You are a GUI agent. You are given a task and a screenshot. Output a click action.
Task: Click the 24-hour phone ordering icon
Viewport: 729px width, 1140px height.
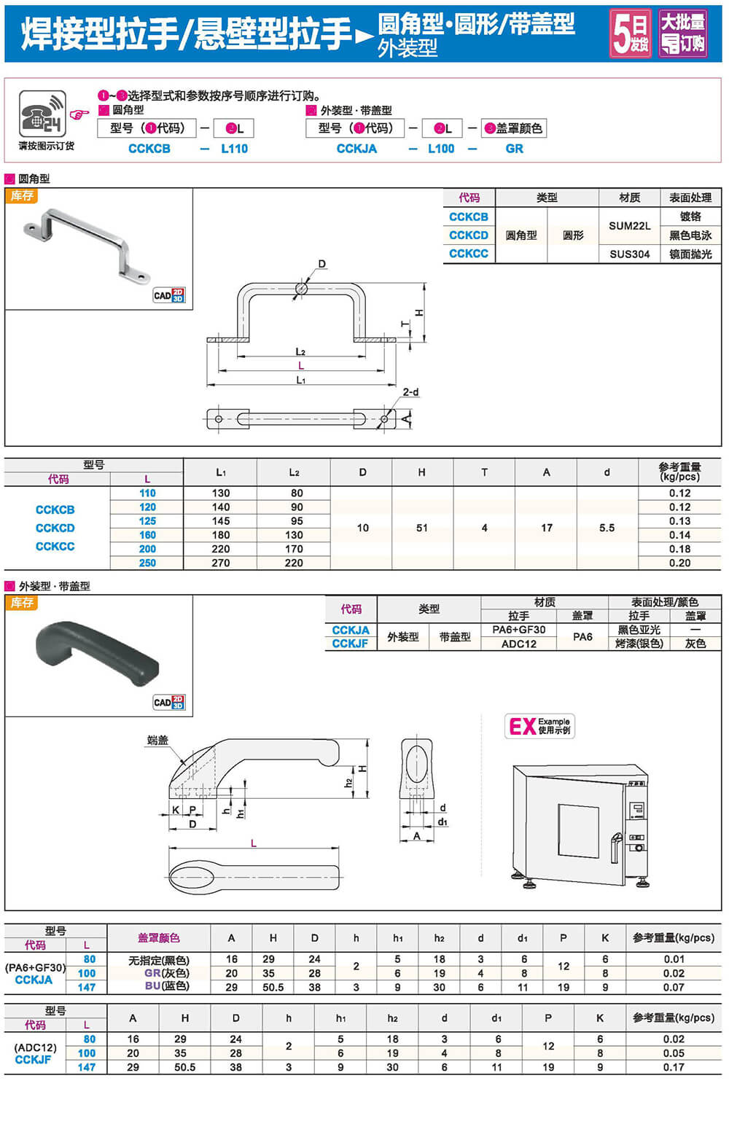(x=42, y=114)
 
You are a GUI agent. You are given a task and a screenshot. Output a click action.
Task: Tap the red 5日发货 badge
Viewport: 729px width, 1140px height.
(x=631, y=34)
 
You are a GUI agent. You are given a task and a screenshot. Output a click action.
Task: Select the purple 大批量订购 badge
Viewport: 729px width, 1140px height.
(x=682, y=34)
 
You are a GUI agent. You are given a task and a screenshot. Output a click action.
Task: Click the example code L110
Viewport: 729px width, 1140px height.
(x=234, y=149)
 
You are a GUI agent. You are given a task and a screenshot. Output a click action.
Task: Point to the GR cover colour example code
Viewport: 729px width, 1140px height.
(x=514, y=149)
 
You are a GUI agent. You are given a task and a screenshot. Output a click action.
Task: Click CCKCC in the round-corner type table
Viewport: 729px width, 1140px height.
(x=468, y=254)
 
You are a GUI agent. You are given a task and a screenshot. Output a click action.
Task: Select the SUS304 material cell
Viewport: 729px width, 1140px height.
(x=629, y=254)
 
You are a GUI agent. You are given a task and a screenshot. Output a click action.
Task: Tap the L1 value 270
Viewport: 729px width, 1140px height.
(x=221, y=563)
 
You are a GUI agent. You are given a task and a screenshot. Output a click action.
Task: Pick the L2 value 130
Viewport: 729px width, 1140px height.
(x=294, y=535)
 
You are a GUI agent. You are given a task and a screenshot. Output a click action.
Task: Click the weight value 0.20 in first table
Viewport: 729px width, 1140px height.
(x=679, y=563)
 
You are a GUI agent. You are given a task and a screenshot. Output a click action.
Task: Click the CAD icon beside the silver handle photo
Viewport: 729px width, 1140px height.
(x=169, y=295)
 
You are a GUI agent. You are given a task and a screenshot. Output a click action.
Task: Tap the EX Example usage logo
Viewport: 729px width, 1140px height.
(x=539, y=726)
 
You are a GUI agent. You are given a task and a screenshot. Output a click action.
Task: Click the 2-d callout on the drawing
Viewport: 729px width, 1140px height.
(x=411, y=392)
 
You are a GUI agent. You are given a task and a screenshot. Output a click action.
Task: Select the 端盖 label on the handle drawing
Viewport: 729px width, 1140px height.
(x=157, y=740)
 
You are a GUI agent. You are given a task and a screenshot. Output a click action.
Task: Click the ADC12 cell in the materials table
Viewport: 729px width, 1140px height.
(x=518, y=644)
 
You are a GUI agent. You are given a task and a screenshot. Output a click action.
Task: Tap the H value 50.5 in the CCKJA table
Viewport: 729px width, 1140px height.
(x=273, y=987)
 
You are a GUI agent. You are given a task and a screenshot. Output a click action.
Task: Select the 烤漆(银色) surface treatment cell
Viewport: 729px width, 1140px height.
(x=639, y=644)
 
